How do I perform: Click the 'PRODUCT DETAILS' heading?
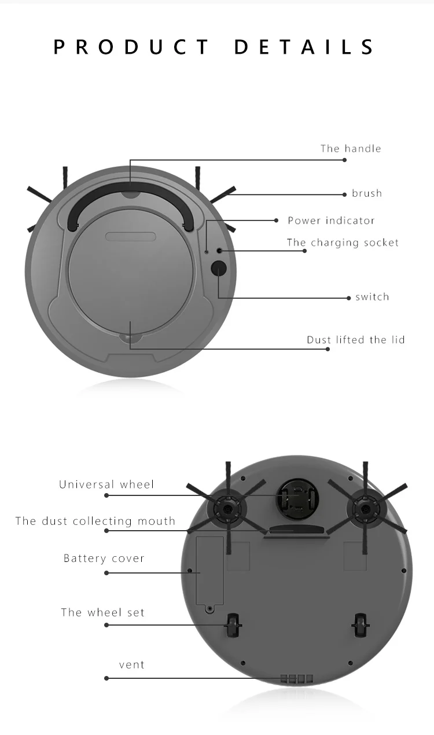coord(214,47)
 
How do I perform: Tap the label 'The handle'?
coord(351,149)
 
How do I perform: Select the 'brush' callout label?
coord(367,193)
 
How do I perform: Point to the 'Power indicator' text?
coord(331,220)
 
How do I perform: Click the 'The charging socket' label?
coord(343,242)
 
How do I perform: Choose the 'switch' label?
coord(372,297)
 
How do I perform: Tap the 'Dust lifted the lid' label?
coord(355,340)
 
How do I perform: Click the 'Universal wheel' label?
coord(106,484)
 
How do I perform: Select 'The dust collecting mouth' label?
coord(95,521)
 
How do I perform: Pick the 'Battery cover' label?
coord(104,558)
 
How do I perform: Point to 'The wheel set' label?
coord(102,612)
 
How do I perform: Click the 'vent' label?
coord(131,664)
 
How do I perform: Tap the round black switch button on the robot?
coord(218,268)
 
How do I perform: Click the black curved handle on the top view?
coord(130,191)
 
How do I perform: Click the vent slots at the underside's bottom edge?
coord(297,678)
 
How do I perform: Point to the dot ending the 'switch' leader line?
coord(349,298)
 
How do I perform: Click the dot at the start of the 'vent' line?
coord(106,678)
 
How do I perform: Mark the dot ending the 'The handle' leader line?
coord(345,160)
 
